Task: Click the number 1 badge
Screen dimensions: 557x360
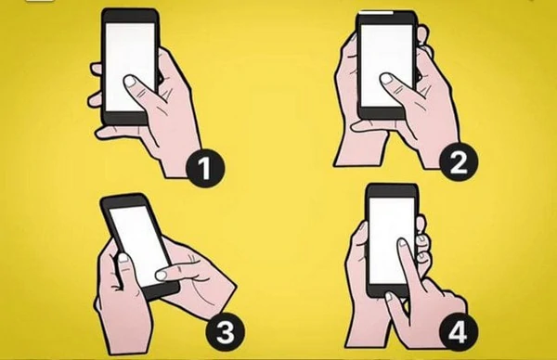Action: (205, 168)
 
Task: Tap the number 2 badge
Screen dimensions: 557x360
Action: (458, 163)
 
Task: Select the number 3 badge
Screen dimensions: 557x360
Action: (226, 333)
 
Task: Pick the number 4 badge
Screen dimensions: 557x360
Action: (458, 332)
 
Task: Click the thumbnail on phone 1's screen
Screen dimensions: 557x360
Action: (129, 82)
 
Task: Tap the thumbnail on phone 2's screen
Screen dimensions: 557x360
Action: (385, 79)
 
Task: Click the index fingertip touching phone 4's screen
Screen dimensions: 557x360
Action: (403, 242)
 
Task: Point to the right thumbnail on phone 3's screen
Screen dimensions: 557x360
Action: (161, 276)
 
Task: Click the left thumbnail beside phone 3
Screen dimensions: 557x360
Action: (123, 258)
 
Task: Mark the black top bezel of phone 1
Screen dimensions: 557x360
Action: (130, 16)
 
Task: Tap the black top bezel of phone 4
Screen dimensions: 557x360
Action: (392, 190)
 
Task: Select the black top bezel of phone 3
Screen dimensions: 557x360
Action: (123, 201)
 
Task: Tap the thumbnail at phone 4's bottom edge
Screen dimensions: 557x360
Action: (389, 296)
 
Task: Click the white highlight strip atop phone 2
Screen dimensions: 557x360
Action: (377, 12)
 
